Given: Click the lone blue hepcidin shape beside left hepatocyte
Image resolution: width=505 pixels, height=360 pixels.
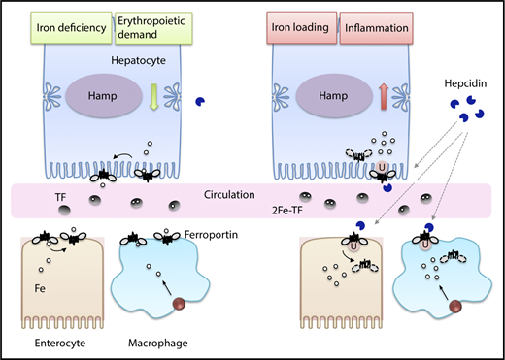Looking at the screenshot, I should click(x=227, y=101).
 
